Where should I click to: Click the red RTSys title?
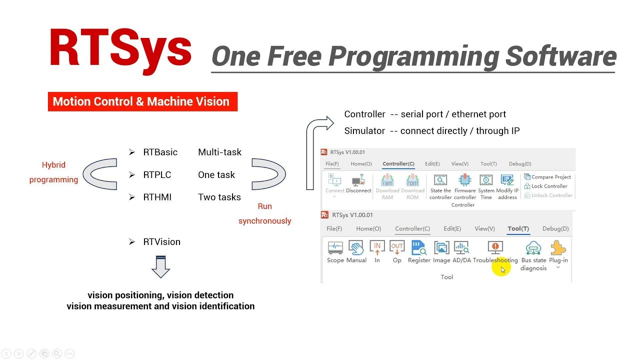pyautogui.click(x=120, y=48)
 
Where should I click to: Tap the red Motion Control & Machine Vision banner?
pyautogui.click(x=142, y=101)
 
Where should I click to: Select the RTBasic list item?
pyautogui.click(x=160, y=152)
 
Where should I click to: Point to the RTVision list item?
pyautogui.click(x=161, y=241)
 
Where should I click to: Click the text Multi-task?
pyautogui.click(x=219, y=152)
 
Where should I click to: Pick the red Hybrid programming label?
pyautogui.click(x=53, y=172)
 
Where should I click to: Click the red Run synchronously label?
pyautogui.click(x=264, y=213)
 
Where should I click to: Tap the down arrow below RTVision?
pyautogui.click(x=160, y=266)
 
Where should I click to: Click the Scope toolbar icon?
pyautogui.click(x=335, y=247)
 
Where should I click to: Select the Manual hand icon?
pyautogui.click(x=356, y=247)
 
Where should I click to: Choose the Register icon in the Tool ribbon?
pyautogui.click(x=418, y=247)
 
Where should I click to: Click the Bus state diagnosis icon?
pyautogui.click(x=533, y=248)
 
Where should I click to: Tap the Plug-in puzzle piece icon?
pyautogui.click(x=558, y=247)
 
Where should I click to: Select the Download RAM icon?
pyautogui.click(x=387, y=180)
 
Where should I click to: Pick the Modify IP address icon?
pyautogui.click(x=507, y=180)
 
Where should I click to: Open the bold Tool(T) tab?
pyautogui.click(x=518, y=228)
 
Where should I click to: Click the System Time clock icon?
pyautogui.click(x=486, y=180)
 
